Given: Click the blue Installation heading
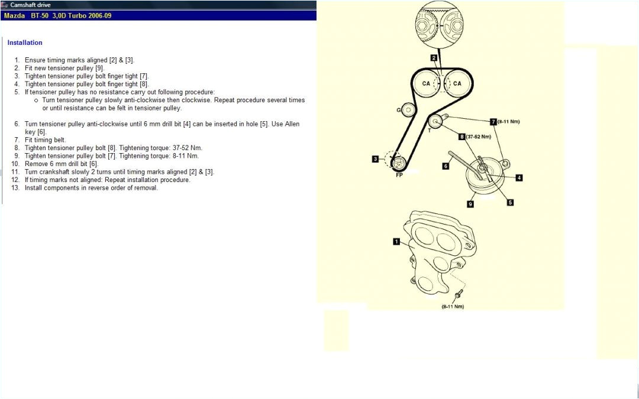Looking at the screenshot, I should tap(25, 43).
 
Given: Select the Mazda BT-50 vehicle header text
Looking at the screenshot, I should tap(57, 15).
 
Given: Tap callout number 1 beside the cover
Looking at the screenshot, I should tap(396, 241).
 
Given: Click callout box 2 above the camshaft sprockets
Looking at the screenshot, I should tap(434, 58).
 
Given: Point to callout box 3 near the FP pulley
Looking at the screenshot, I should tap(375, 158).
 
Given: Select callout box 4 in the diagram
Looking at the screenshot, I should tap(519, 177).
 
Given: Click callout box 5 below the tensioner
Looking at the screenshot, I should tap(510, 202).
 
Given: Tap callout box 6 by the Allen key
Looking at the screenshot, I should tap(446, 166).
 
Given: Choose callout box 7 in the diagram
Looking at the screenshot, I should tap(493, 121).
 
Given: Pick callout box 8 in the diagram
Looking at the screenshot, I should tap(461, 137).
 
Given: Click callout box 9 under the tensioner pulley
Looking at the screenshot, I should tap(470, 204).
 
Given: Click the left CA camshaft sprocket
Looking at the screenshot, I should tap(426, 84).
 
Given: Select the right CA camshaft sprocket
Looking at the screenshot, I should tap(457, 84).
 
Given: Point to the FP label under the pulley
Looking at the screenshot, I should tap(399, 175).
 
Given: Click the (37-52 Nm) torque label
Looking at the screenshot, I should tap(479, 137).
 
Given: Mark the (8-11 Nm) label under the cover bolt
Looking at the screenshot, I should tap(453, 307).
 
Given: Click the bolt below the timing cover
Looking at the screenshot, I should tap(459, 293).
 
